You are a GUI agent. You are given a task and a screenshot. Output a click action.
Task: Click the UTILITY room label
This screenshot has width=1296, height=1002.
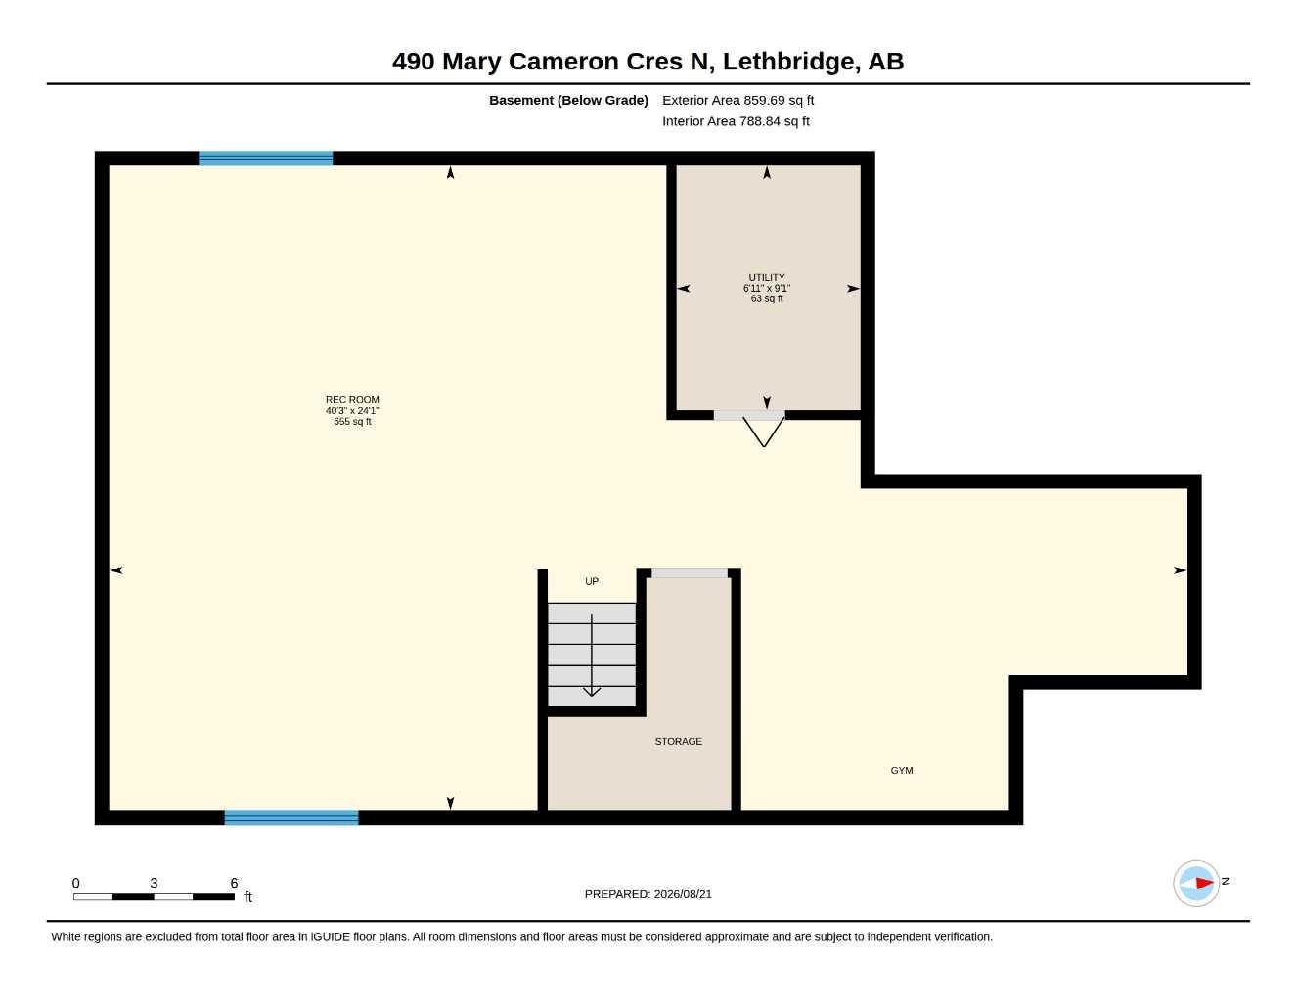pos(767,277)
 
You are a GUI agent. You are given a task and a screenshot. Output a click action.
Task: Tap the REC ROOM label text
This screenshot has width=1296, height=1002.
pos(352,399)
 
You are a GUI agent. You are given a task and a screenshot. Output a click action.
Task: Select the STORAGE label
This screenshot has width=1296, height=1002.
pos(678,741)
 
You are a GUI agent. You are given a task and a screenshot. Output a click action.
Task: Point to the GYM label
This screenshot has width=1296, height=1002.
pos(901,770)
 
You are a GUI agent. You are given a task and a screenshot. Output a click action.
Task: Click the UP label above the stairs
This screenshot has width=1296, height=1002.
pos(591,581)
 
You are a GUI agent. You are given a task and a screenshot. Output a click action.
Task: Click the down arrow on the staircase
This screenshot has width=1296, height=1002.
pos(591,655)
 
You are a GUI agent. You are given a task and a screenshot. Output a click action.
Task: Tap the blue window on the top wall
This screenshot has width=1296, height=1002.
pos(265,159)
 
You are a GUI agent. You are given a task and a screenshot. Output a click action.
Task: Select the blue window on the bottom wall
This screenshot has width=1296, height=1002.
pos(291,817)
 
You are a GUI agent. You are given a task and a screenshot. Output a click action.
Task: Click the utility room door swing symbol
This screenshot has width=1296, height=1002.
pos(763,432)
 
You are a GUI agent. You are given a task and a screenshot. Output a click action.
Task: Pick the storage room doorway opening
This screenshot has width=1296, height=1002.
pos(689,572)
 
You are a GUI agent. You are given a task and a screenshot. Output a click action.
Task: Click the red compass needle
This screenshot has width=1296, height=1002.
pos(1204,883)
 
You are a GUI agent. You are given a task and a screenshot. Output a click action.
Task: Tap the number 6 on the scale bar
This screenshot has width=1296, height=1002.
pos(234,883)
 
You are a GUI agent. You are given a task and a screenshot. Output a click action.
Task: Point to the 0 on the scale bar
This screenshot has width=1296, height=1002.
pos(75,883)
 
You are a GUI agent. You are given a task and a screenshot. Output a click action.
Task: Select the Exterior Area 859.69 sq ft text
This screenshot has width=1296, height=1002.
pos(737,100)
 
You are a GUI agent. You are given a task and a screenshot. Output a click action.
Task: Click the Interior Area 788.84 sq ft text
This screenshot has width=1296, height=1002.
pos(736,121)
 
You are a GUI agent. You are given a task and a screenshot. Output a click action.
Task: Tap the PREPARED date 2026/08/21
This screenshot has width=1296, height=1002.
pos(683,894)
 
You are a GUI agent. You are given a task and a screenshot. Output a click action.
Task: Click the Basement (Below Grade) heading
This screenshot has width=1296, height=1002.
pos(568,100)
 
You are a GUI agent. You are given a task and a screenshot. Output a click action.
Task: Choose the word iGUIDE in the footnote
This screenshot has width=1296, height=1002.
pos(330,937)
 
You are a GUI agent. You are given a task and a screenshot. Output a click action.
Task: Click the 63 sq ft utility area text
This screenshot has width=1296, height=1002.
pos(767,298)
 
